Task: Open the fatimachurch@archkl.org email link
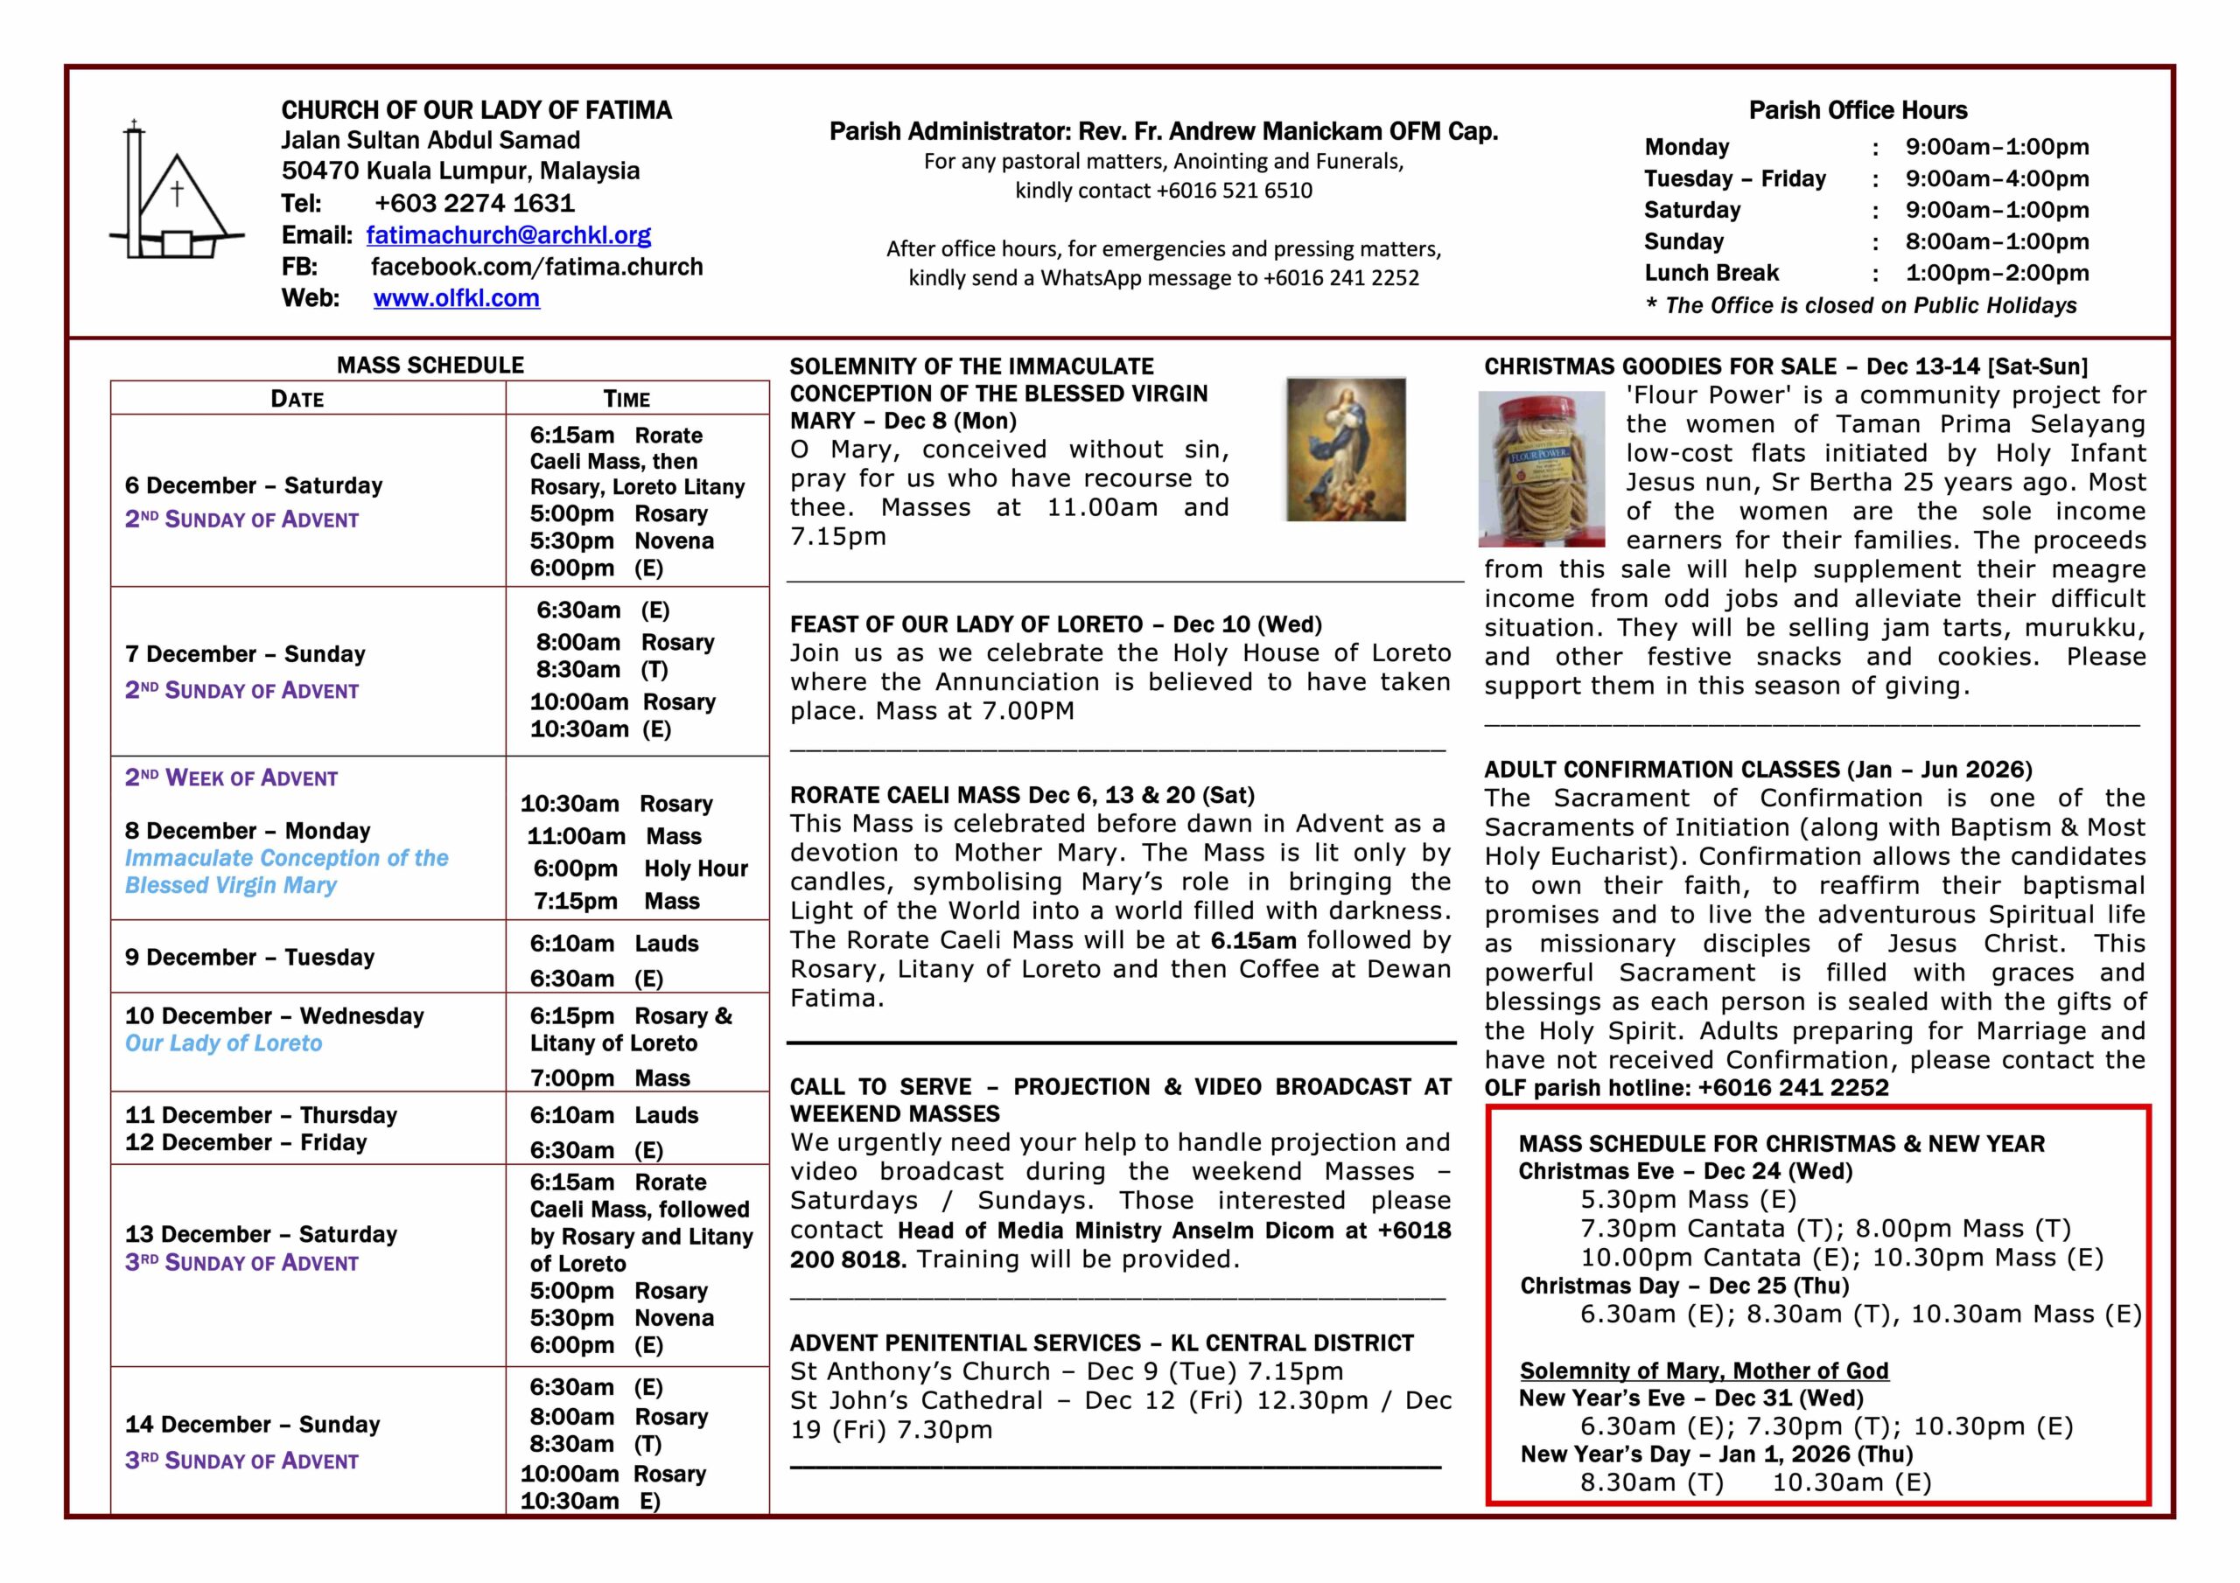pyautogui.click(x=508, y=235)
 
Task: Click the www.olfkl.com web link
pyautogui.click(x=456, y=298)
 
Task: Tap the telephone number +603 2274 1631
pyautogui.click(x=474, y=203)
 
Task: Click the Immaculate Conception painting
pyautogui.click(x=1346, y=450)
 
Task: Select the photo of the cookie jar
pyautogui.click(x=1542, y=468)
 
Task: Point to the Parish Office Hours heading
pyautogui.click(x=1858, y=110)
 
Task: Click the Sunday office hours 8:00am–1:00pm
pyautogui.click(x=1997, y=241)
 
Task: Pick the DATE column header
pyautogui.click(x=297, y=398)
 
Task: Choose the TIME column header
pyautogui.click(x=626, y=398)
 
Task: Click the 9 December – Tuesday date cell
pyautogui.click(x=249, y=957)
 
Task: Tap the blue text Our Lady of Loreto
pyautogui.click(x=223, y=1043)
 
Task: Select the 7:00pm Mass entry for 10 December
pyautogui.click(x=610, y=1077)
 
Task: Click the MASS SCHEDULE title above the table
pyautogui.click(x=430, y=365)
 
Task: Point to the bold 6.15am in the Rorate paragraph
pyautogui.click(x=1253, y=940)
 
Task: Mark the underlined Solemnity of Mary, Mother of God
pyautogui.click(x=1704, y=1370)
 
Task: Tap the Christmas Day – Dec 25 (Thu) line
pyautogui.click(x=1683, y=1286)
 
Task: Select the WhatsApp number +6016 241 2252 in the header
pyautogui.click(x=1340, y=278)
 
